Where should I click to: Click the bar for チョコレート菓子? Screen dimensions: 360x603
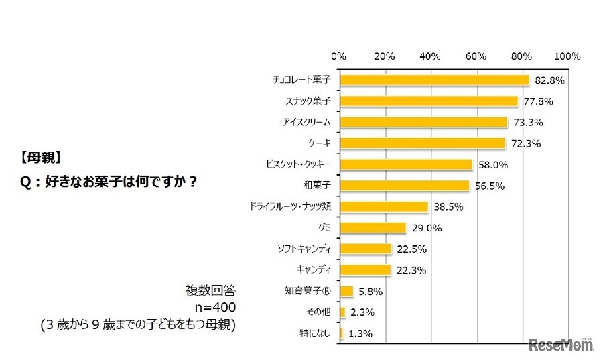point(435,80)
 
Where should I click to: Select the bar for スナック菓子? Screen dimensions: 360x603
point(429,101)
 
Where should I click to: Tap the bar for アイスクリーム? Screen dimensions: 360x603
point(424,122)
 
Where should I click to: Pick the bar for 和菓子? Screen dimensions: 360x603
point(405,185)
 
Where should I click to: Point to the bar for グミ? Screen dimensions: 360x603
point(373,227)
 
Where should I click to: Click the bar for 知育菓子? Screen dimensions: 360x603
point(347,291)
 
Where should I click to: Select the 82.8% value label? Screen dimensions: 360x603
point(549,80)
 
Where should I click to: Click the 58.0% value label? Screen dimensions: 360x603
point(492,164)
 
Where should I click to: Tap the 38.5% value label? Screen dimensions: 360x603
point(447,207)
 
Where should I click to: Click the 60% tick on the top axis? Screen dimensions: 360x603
point(476,56)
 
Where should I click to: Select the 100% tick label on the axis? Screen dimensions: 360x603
point(567,56)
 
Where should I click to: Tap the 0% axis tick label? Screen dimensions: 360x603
point(339,56)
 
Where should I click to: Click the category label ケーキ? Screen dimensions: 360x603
point(323,143)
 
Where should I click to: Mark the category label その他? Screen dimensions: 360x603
point(320,312)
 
